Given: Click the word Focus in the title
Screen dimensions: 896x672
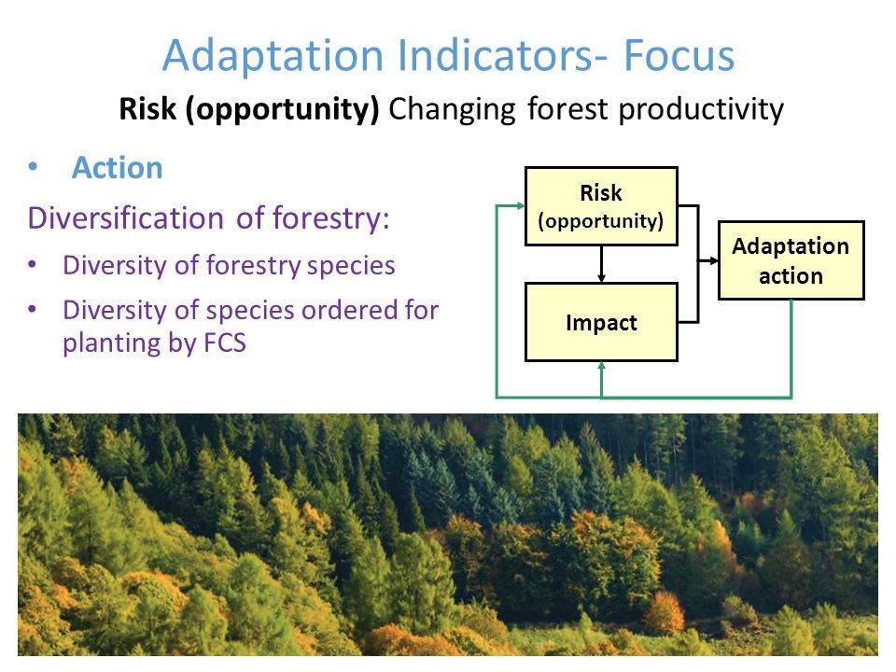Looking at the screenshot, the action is point(679,55).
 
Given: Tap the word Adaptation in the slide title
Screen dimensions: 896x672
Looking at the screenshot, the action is point(273,56).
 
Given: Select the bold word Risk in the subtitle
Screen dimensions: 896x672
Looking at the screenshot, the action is point(147,108).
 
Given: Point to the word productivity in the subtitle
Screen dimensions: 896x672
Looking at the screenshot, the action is point(701,110).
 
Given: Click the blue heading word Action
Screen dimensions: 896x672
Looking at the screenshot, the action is point(118,168).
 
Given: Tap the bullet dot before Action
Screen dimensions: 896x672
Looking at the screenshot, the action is point(33,166).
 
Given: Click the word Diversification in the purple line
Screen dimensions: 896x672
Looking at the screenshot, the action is point(126,218).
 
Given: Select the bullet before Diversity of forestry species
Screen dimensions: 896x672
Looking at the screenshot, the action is point(32,264).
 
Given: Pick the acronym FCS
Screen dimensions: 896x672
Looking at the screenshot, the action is point(225,343).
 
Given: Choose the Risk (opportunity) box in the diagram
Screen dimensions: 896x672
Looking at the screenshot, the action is point(601,206).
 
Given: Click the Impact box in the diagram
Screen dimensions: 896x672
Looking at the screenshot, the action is point(601,322).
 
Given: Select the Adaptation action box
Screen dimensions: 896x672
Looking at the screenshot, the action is point(791,260).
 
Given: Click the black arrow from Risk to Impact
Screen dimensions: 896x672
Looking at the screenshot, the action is point(601,264).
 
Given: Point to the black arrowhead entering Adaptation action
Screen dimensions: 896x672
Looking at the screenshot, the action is point(713,260).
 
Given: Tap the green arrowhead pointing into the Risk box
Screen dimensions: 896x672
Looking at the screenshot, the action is point(520,205).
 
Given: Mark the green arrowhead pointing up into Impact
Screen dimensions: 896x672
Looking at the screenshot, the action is point(601,367).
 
